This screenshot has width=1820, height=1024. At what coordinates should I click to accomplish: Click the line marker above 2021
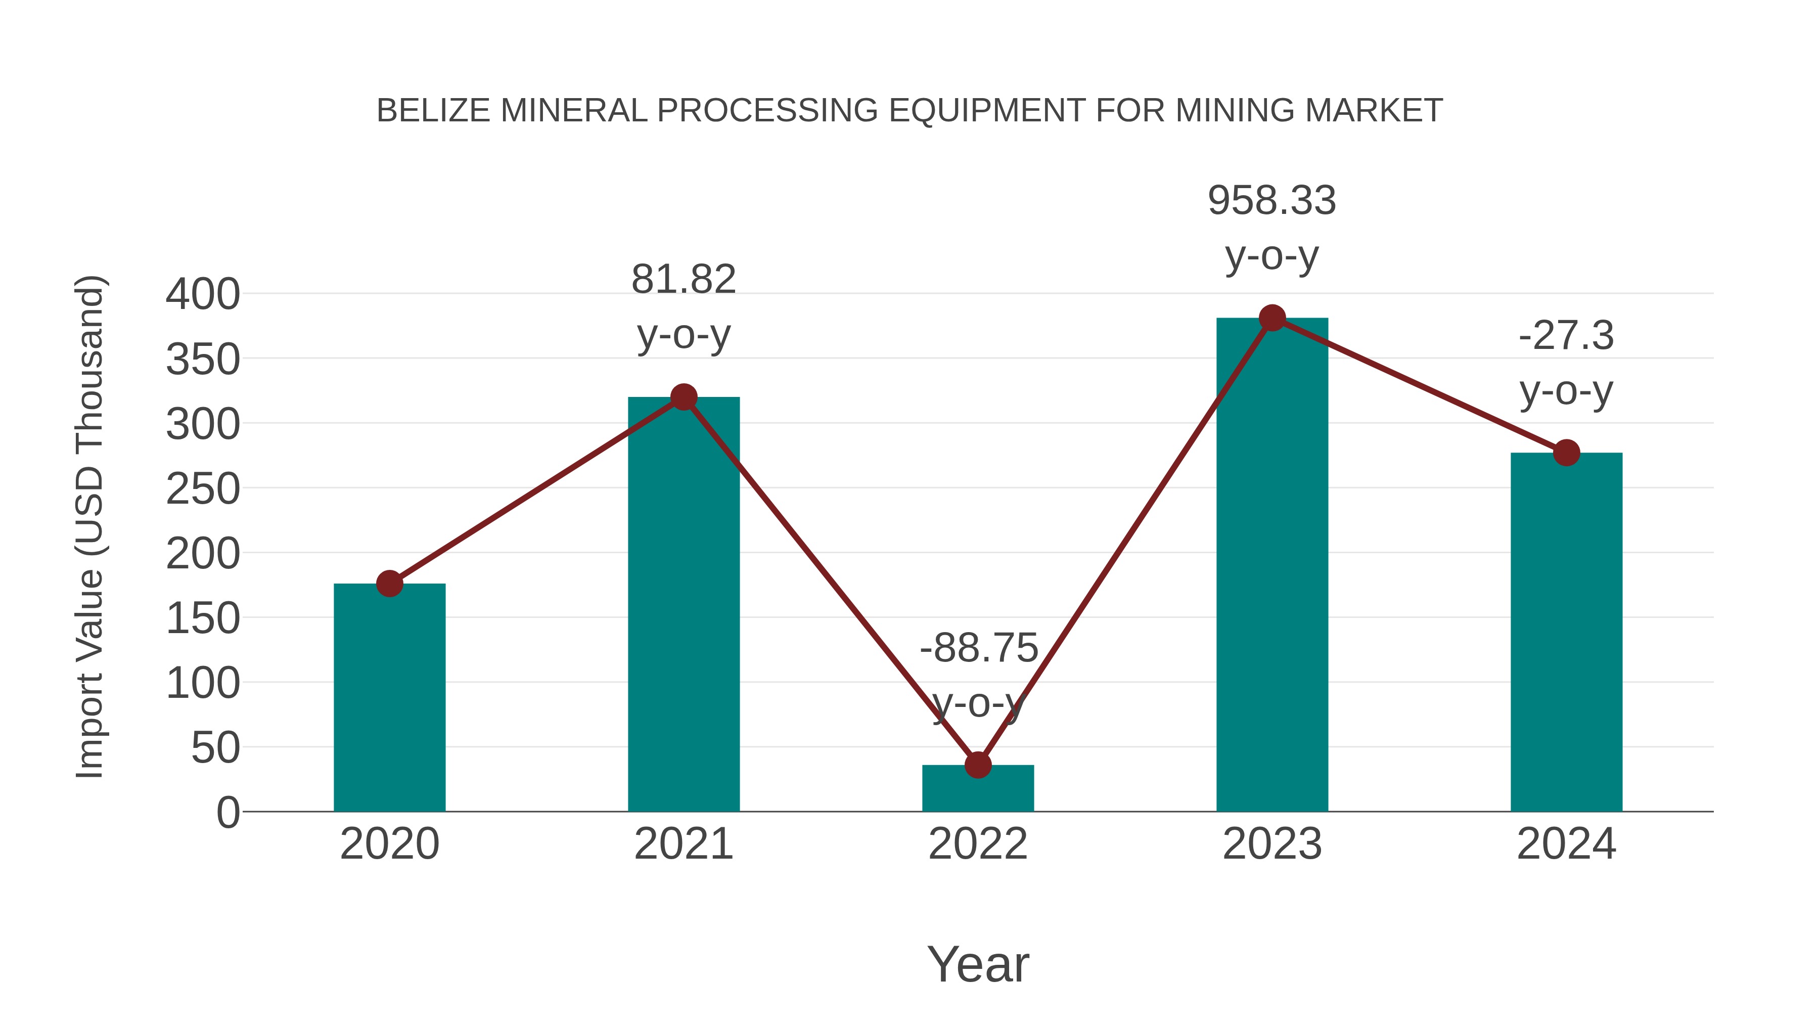tap(683, 397)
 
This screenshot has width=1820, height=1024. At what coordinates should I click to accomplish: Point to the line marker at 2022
tap(978, 765)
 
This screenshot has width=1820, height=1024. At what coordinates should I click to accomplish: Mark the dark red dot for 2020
tap(389, 584)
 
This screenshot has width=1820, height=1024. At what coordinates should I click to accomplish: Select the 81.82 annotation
tap(683, 279)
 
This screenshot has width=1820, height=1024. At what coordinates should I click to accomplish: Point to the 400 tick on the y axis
tap(203, 295)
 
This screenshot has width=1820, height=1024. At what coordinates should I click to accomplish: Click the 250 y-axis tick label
tap(203, 489)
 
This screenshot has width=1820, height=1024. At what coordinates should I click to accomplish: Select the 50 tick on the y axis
tap(215, 748)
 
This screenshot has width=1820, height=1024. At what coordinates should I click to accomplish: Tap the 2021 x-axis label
tap(683, 844)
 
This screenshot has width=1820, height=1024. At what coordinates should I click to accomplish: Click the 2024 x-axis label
tap(1566, 844)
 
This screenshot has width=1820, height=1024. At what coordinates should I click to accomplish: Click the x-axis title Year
tap(978, 965)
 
